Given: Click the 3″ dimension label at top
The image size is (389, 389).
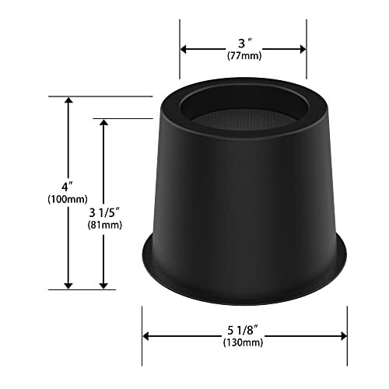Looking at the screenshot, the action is (x=245, y=43).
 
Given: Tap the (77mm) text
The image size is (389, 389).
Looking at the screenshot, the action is (x=244, y=56).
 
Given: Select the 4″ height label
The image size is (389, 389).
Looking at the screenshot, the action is (x=67, y=187).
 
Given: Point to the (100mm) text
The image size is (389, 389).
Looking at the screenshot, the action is (x=68, y=199).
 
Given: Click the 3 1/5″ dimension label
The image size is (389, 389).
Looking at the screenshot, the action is (x=104, y=212).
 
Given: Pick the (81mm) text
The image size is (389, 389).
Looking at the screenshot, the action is (x=105, y=225).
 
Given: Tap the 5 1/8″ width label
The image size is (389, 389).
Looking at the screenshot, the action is (x=243, y=330).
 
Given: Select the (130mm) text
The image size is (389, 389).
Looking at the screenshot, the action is (x=243, y=342).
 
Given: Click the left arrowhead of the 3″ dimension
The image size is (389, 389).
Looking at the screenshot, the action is (x=183, y=49).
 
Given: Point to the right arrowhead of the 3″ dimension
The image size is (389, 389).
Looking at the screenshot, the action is (x=303, y=49).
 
